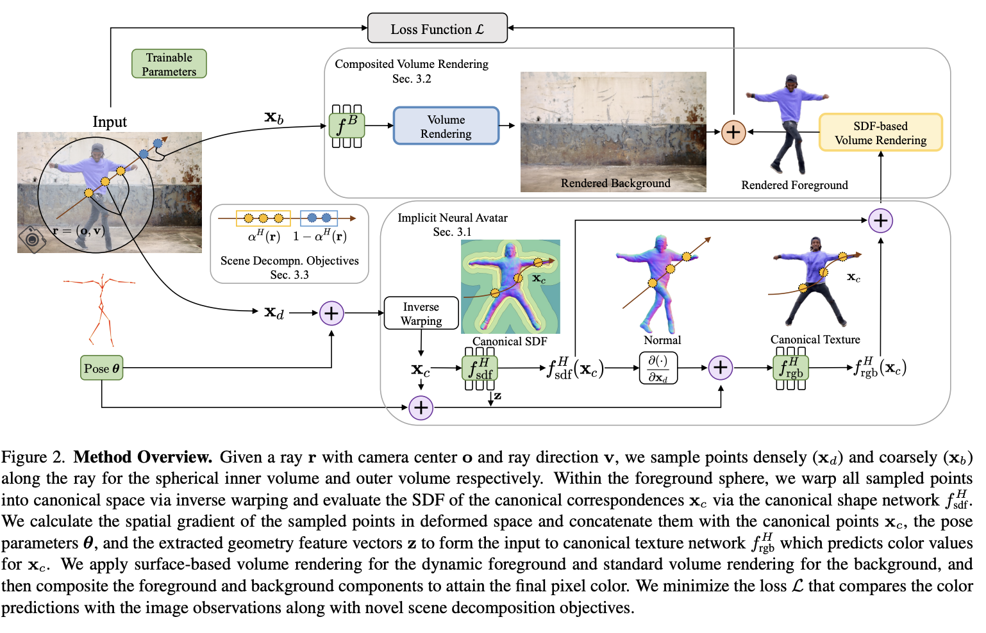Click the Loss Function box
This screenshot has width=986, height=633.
tap(437, 28)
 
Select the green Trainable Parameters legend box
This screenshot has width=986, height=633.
tap(169, 64)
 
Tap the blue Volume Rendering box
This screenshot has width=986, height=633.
tap(446, 126)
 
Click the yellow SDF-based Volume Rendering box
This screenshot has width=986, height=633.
tap(880, 133)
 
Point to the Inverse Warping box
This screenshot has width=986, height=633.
tap(421, 313)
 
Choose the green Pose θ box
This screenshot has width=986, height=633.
tap(101, 368)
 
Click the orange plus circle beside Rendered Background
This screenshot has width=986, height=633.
tap(733, 132)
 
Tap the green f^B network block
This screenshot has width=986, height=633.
tap(347, 126)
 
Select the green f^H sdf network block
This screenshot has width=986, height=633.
tap(480, 368)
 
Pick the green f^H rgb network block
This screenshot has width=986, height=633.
tap(790, 368)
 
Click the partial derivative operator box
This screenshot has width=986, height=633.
tap(658, 368)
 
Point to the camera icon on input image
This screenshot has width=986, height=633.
tap(32, 239)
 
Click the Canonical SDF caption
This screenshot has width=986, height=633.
tap(510, 341)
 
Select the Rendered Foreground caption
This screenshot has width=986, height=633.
tap(794, 185)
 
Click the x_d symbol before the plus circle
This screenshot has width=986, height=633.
tap(274, 313)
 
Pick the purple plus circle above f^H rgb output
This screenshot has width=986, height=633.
tap(880, 221)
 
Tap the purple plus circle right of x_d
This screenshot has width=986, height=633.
tap(331, 313)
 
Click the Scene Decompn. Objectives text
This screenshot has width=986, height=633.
tap(289, 261)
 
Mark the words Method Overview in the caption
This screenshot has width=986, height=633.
tap(142, 457)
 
